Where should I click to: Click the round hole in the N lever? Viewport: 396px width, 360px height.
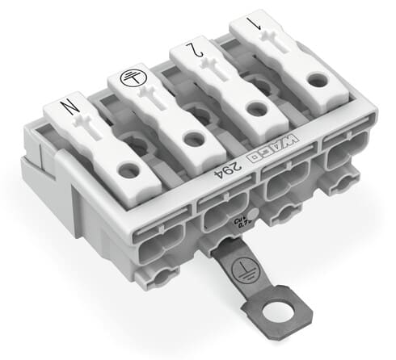pyautogui.click(x=127, y=170)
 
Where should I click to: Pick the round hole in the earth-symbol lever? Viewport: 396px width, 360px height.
pyautogui.click(x=193, y=139)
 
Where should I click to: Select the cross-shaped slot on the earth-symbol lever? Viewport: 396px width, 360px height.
pyautogui.click(x=158, y=104)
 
